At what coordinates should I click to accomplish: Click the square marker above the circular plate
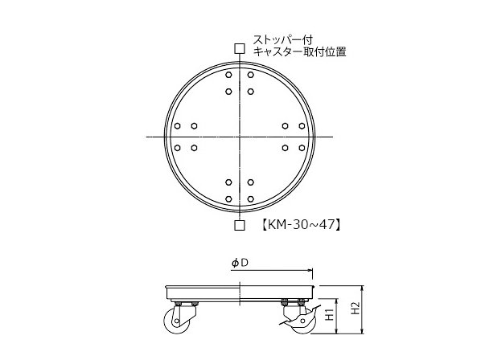[x=240, y=48]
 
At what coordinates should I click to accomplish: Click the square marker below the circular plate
[x=240, y=225]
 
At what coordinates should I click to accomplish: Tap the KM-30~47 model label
[x=302, y=225]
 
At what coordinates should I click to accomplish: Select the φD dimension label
[x=240, y=263]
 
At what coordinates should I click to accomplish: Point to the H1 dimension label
[x=330, y=315]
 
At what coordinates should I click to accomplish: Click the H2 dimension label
[x=355, y=308]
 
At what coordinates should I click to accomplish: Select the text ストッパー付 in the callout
[x=282, y=40]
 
